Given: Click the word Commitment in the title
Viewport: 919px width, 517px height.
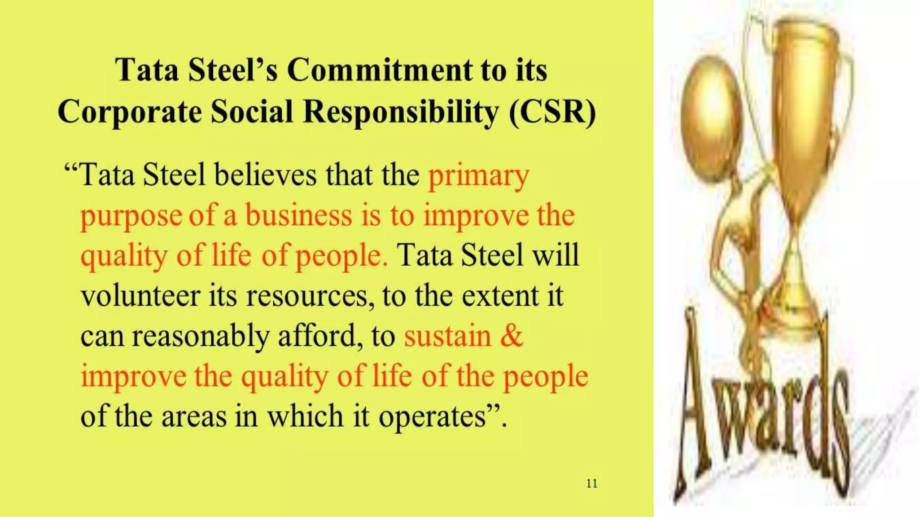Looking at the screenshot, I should point(380,70).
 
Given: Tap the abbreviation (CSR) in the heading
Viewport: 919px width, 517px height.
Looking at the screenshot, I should point(552,111).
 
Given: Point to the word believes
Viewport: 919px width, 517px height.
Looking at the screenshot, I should point(266,175).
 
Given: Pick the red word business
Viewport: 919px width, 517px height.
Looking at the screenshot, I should point(298,216).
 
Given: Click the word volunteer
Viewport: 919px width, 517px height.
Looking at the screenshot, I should point(140,296).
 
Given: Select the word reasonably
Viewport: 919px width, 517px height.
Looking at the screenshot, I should point(200,337).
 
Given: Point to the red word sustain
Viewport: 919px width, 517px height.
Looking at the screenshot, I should point(447,337).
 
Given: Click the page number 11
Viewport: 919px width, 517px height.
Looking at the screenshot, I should point(591,483).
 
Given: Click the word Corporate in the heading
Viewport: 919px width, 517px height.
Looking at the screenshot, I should point(130,112).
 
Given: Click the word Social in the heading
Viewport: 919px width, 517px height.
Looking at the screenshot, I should point(252,111).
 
